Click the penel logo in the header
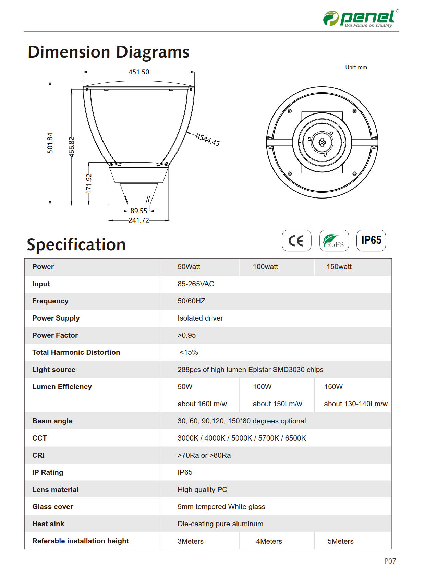click(x=361, y=19)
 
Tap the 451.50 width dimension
click(x=139, y=72)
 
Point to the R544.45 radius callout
click(x=207, y=140)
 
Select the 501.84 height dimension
click(x=50, y=143)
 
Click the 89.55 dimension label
click(x=139, y=211)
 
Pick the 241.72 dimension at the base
click(x=139, y=220)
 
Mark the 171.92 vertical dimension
click(x=89, y=183)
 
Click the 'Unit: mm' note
click(x=356, y=68)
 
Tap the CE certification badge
click(x=296, y=240)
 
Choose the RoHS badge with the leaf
click(x=334, y=240)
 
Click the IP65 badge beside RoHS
click(x=371, y=240)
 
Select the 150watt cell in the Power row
click(x=339, y=267)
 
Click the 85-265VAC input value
click(x=196, y=284)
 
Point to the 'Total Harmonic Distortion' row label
click(x=76, y=352)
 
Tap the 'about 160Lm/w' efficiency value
click(x=202, y=404)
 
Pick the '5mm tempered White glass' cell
click(x=221, y=507)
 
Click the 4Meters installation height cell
click(x=269, y=541)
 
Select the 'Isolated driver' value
click(x=200, y=318)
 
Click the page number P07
click(x=390, y=561)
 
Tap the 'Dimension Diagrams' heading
click(x=108, y=52)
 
